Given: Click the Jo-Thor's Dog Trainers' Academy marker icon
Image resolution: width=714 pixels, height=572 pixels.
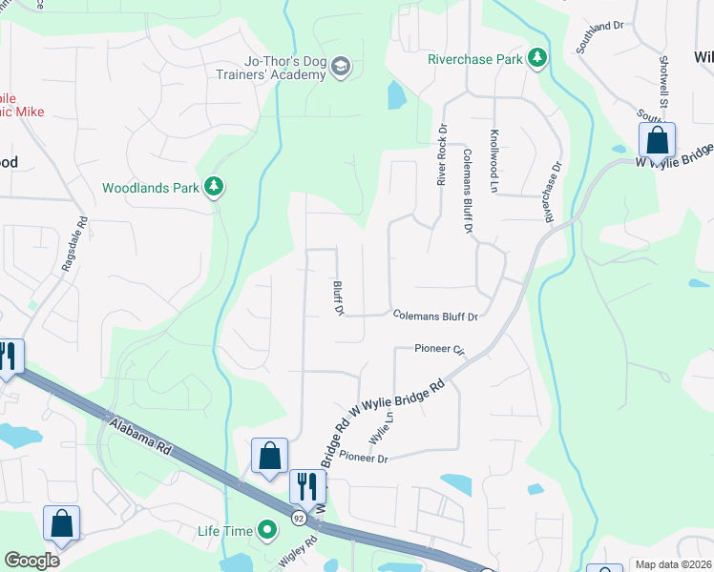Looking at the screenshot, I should (x=341, y=66).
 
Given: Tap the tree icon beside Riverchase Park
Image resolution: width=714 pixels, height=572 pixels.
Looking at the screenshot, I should (x=537, y=59).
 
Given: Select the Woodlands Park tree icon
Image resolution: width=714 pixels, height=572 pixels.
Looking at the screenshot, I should (x=215, y=187).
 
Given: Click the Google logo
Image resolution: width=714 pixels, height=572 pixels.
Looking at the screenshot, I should (x=31, y=561).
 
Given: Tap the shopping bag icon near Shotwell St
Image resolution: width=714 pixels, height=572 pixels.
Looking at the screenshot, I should (x=657, y=141).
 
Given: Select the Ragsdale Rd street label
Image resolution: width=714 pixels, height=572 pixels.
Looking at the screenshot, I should (x=74, y=245).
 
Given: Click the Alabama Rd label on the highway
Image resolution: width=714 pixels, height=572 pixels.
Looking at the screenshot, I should (x=139, y=439).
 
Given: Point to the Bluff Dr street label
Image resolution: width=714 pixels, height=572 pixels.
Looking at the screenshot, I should (x=338, y=297).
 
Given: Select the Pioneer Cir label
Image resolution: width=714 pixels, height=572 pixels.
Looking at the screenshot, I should (x=439, y=349).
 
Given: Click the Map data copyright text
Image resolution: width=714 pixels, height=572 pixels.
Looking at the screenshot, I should (x=674, y=564).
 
